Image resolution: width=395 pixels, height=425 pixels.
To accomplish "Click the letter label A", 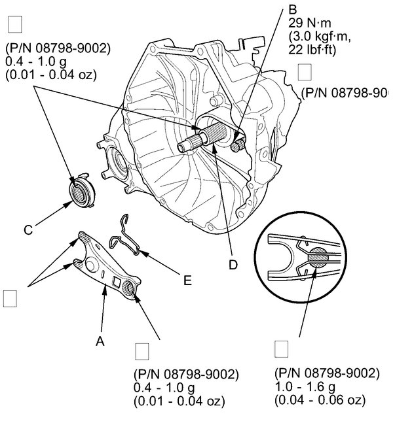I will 100,341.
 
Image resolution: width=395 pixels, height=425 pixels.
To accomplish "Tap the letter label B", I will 293,10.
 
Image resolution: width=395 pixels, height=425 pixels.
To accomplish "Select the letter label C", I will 28,229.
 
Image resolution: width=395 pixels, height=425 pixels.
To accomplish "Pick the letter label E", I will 187,280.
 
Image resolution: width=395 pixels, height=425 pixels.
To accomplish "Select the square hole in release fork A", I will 117,282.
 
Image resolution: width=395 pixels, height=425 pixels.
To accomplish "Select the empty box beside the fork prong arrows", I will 10,298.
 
